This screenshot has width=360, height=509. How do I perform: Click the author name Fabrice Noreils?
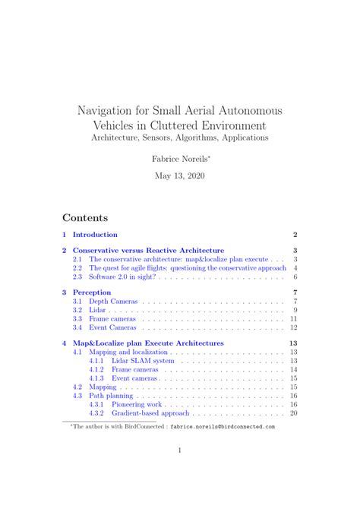(x=178, y=160)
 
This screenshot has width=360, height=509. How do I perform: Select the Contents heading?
(x=85, y=218)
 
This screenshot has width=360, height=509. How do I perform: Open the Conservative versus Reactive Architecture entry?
(x=148, y=250)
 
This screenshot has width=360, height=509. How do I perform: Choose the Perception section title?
(x=92, y=292)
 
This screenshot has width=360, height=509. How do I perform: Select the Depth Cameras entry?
(x=114, y=302)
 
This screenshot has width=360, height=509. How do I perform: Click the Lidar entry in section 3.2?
(x=97, y=311)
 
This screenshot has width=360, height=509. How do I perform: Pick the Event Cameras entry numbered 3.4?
(x=113, y=328)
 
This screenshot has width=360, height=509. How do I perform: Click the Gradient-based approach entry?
(x=150, y=414)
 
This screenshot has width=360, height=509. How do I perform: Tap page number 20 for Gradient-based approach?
(x=293, y=414)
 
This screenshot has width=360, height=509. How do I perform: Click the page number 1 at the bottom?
(x=179, y=451)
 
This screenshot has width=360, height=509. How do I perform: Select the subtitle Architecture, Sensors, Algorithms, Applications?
(x=179, y=138)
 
